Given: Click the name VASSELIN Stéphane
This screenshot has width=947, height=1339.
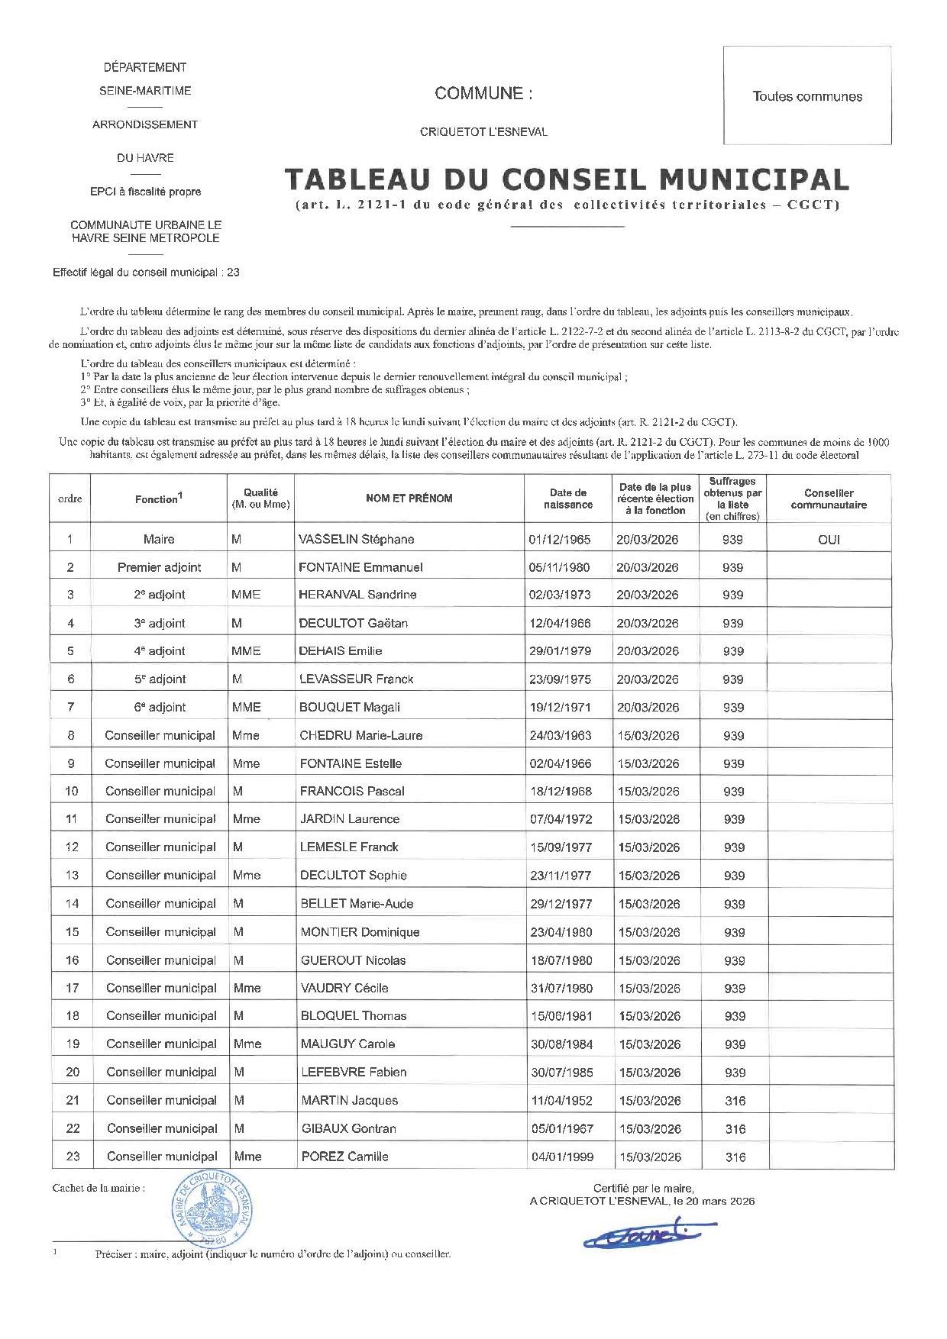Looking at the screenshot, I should click(x=357, y=539).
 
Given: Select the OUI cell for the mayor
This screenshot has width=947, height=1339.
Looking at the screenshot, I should click(x=829, y=539).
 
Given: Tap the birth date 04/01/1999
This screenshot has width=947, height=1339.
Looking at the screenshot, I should click(x=562, y=1157).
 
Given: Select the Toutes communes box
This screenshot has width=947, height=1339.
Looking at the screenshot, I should click(x=807, y=96).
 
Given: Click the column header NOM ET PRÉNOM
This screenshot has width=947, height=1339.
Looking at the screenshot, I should click(x=409, y=498).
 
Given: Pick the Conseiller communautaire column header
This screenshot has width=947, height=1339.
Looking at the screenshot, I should click(x=829, y=498).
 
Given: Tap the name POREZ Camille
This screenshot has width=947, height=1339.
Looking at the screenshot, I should click(x=344, y=1157).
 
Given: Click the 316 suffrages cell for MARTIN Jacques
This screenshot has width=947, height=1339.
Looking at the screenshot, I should click(x=735, y=1100).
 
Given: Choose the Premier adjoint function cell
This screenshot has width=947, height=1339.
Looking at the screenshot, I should click(x=159, y=567).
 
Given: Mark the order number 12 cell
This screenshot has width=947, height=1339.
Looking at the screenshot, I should click(x=72, y=847).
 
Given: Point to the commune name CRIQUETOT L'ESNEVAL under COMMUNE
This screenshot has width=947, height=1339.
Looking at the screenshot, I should click(x=483, y=131).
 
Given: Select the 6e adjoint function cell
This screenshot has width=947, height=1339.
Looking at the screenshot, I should click(x=160, y=707).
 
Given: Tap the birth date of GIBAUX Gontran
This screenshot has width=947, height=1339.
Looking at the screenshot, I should click(x=562, y=1128).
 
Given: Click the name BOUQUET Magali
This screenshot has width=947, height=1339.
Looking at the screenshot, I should click(x=350, y=707).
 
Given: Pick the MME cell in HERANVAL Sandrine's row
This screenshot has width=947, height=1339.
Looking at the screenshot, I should click(x=246, y=595).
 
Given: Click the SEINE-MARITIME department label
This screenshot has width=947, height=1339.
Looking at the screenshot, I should click(x=145, y=90).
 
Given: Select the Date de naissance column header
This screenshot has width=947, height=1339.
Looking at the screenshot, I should click(x=568, y=498).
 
